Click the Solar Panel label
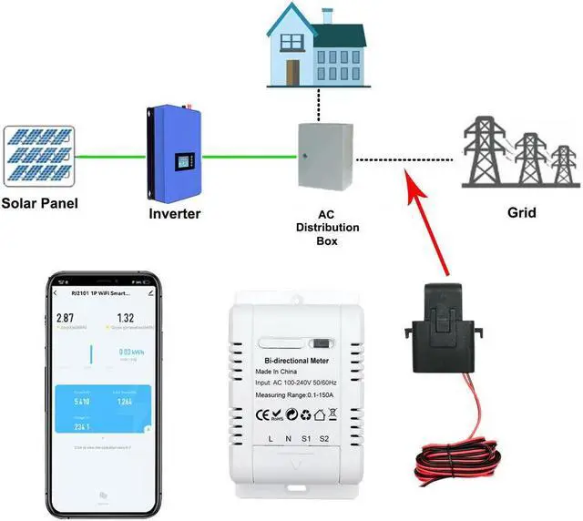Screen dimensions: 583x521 click(x=38, y=203)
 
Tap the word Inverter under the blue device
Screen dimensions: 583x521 click(x=174, y=214)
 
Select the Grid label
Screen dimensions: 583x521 click(x=521, y=214)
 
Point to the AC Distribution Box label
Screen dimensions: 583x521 click(x=326, y=228)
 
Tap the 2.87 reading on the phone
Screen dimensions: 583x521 click(x=64, y=318)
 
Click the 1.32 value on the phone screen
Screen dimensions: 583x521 click(x=126, y=318)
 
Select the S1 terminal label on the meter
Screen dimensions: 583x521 click(x=305, y=440)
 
